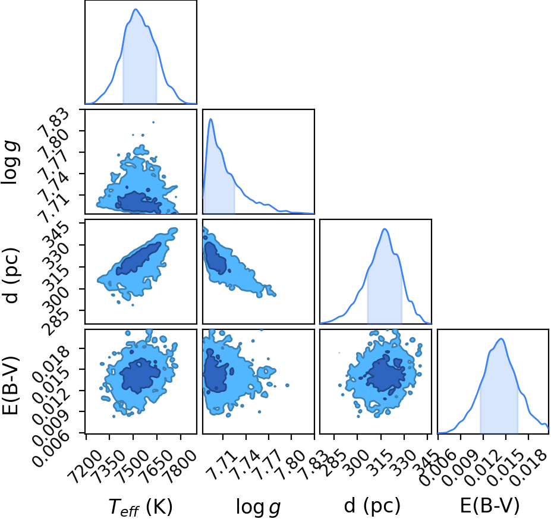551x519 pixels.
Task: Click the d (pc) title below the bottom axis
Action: [372, 506]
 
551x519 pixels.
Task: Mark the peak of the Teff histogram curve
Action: [136, 9]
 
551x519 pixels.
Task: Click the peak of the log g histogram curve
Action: [211, 119]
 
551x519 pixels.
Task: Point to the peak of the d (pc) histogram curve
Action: [385, 229]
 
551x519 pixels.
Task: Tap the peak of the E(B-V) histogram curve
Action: [501, 339]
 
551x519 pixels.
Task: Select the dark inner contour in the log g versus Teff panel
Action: [138, 202]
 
